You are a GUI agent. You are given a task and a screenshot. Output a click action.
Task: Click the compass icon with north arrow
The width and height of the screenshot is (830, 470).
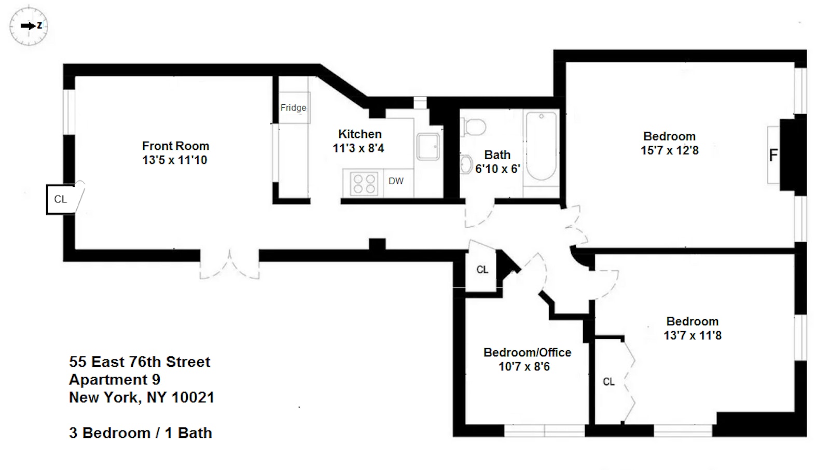pyautogui.click(x=29, y=25)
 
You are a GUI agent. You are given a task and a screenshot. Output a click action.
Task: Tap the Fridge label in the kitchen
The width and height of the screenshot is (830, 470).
pyautogui.click(x=293, y=108)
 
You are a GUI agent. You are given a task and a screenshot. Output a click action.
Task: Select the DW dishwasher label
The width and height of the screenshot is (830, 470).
pyautogui.click(x=396, y=181)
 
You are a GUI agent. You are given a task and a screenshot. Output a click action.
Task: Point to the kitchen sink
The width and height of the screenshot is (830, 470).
pyautogui.click(x=428, y=147)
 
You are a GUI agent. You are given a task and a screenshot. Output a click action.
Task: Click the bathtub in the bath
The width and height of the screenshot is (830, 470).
pyautogui.click(x=541, y=146)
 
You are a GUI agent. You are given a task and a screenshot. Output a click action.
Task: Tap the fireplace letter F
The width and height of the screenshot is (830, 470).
pyautogui.click(x=773, y=155)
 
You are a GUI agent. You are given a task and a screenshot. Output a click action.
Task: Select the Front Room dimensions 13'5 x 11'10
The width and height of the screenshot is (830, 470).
pyautogui.click(x=175, y=160)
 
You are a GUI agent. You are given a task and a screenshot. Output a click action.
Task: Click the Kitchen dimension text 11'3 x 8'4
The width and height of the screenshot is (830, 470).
pyautogui.click(x=358, y=148)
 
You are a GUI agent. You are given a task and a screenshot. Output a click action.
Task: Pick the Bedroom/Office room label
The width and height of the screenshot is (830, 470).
pyautogui.click(x=527, y=352)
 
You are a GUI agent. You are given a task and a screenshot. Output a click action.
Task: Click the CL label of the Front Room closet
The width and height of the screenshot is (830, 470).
pyautogui.click(x=60, y=199)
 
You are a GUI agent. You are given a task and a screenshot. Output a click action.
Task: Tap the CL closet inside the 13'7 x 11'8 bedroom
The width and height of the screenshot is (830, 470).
pyautogui.click(x=608, y=382)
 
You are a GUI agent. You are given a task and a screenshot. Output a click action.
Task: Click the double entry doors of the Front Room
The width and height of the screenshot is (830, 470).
pyautogui.click(x=229, y=265)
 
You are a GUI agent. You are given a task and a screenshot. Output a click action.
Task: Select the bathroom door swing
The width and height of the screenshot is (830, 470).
pyautogui.click(x=478, y=215)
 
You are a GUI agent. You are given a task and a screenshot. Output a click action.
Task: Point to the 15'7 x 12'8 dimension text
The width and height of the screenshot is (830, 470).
pyautogui.click(x=669, y=150)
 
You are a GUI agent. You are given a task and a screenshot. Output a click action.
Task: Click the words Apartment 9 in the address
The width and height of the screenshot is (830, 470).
pyautogui.click(x=115, y=380)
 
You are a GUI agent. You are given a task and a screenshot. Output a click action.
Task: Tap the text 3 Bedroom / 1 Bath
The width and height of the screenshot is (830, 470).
pyautogui.click(x=141, y=433)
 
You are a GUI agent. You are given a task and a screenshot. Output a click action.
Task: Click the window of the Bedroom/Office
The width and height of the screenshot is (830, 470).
pyautogui.click(x=544, y=431)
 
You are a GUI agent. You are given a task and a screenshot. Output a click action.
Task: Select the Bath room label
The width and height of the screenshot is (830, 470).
pyautogui.click(x=497, y=155)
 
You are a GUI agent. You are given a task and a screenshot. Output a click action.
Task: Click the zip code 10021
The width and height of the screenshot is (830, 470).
pyautogui.click(x=192, y=397)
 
